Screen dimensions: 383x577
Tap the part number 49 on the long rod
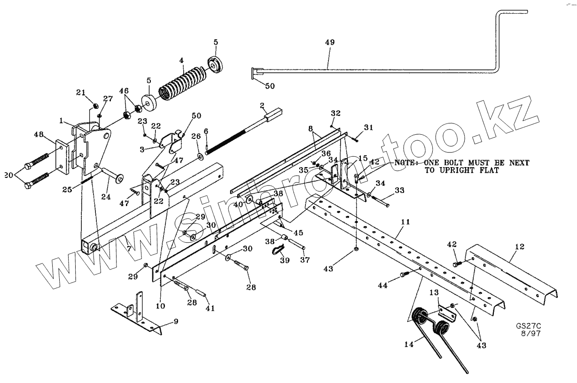pyautogui.click(x=329, y=42)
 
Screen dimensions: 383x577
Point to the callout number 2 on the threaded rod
pyautogui.click(x=261, y=105)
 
